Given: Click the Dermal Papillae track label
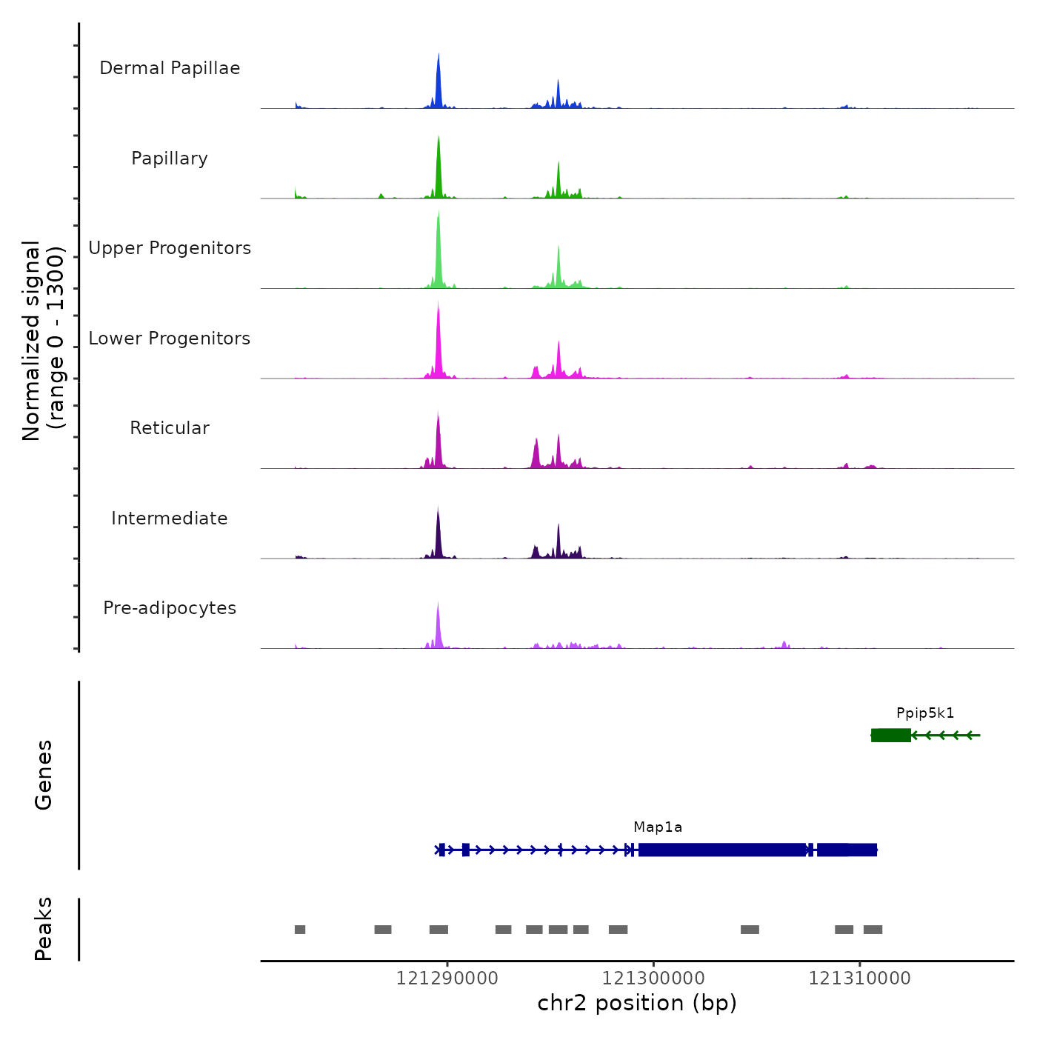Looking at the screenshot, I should (170, 68).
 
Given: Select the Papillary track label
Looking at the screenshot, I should (170, 159).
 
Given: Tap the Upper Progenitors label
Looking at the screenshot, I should (170, 248).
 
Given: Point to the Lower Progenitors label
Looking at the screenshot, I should (170, 339).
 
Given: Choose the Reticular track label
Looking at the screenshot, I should (170, 428).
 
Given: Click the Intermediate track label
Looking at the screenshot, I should (170, 518).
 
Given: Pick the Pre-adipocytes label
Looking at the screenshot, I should (170, 608).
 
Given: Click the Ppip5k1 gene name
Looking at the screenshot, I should (925, 713).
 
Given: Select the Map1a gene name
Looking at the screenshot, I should (658, 827).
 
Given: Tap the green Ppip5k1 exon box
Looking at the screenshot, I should (890, 735).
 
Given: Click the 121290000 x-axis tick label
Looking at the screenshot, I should (447, 978).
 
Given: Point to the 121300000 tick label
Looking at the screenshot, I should (653, 978).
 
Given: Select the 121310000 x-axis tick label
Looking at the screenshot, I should (860, 978).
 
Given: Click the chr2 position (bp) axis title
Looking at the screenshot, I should (637, 1004).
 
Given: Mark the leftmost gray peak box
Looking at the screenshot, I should (300, 930).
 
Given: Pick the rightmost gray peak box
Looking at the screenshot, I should (873, 930).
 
